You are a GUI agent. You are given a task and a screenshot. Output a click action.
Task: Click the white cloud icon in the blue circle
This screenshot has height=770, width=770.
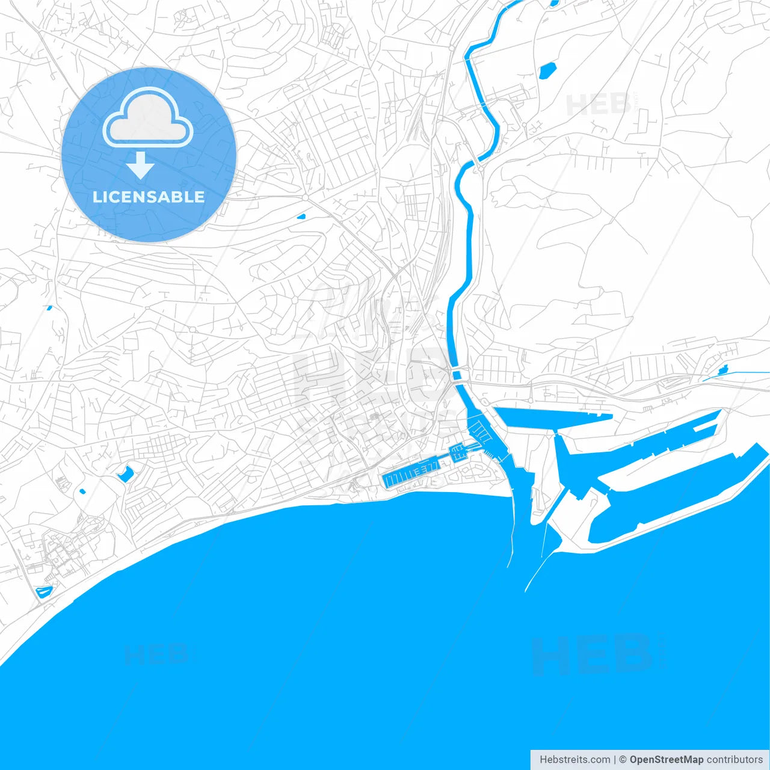(x=148, y=119)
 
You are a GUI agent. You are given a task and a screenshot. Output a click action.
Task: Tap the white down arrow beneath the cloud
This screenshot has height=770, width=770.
(x=141, y=165)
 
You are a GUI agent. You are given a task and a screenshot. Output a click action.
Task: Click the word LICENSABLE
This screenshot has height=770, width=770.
(x=149, y=197)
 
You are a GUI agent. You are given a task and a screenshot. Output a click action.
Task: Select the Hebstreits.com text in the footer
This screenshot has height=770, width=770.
(x=574, y=760)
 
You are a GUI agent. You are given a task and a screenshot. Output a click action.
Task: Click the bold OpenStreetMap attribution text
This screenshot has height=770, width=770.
(x=666, y=760)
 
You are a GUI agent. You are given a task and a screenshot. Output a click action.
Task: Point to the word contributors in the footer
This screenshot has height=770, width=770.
(x=735, y=760)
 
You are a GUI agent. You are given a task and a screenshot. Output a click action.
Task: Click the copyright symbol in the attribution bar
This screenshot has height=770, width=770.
(x=623, y=760)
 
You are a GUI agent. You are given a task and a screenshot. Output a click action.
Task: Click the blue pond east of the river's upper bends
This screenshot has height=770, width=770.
(x=547, y=71)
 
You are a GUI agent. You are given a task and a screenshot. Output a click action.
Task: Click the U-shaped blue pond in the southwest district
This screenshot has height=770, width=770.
(x=126, y=474)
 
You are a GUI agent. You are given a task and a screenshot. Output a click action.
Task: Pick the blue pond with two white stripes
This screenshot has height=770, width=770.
(x=44, y=592)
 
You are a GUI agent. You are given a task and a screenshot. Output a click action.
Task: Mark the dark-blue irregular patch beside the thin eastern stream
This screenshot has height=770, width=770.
(x=723, y=369)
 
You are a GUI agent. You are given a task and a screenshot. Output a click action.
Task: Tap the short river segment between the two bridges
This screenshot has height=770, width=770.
(x=458, y=375)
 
